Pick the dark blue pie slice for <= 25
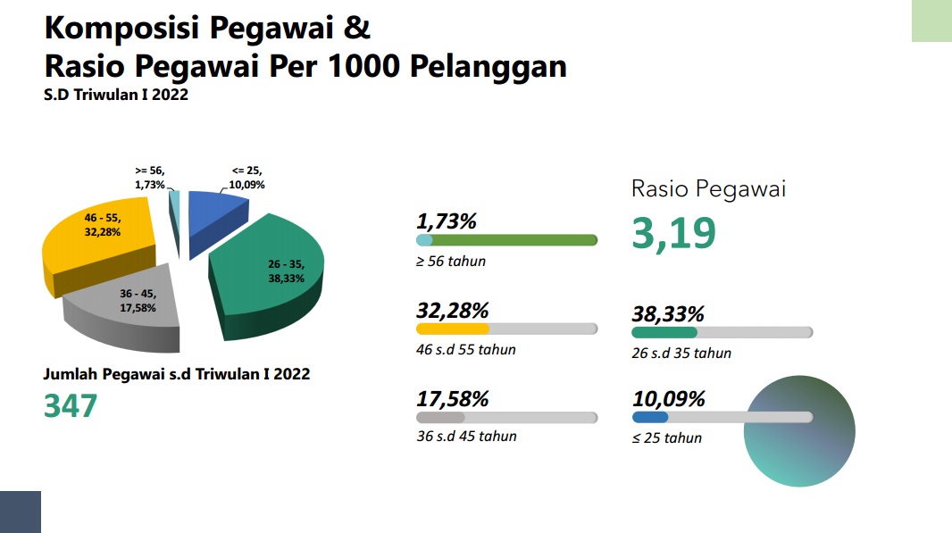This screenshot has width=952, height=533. coord(215,219)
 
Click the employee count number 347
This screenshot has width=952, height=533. coord(71,406)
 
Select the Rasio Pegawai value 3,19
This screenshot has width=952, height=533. coord(674,234)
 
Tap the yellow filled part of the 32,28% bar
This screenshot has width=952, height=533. coord(452,329)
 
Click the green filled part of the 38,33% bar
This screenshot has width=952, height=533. coord(664,333)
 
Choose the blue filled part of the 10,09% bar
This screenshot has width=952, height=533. coord(649,417)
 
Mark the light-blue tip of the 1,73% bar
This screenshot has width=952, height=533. coord(424,240)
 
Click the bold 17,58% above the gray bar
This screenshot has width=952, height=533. coord(452,399)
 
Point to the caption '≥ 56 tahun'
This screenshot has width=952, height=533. coord(451,262)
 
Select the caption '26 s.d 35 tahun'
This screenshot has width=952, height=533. coord(681,354)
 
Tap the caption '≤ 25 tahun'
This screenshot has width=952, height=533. coord(666,438)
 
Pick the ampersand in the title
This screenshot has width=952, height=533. coord(357,28)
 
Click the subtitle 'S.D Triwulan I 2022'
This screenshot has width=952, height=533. coord(116,95)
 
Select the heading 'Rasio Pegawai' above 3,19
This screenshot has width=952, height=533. coord(708,188)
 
